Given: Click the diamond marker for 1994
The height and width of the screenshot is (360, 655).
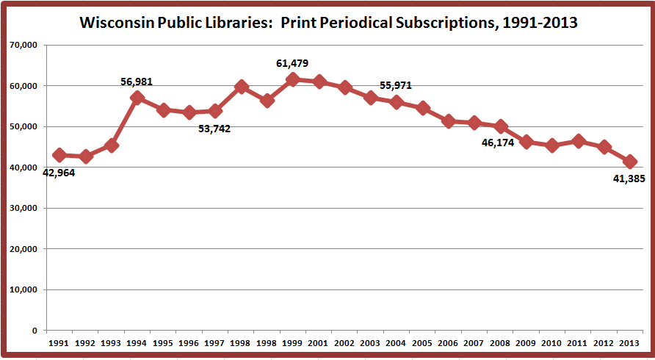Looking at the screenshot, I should pos(137,98).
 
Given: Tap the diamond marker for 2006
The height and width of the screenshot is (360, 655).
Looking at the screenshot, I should pos(449,121).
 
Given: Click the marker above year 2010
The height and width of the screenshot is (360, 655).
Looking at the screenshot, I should pos(552,145).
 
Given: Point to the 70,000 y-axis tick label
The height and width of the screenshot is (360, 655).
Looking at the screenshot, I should pos(24,46).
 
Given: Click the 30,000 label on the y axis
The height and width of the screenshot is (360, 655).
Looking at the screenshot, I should pos(24,208).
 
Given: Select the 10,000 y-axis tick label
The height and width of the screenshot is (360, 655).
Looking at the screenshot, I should pos(24,289).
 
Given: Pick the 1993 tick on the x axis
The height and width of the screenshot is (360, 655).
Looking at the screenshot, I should pos(111,343).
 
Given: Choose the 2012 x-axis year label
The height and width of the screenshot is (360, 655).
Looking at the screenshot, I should pos(604,343).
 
